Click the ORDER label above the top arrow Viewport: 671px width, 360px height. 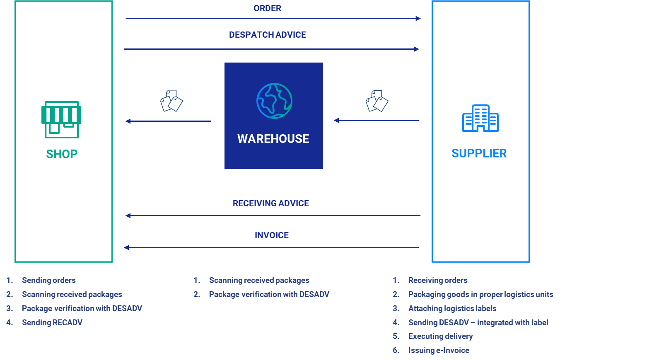click(x=267, y=8)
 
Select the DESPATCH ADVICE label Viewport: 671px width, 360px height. click(x=268, y=35)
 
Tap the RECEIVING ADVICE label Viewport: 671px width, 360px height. click(x=270, y=203)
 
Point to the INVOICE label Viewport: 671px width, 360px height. click(x=272, y=235)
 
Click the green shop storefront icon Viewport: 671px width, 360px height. click(x=61, y=119)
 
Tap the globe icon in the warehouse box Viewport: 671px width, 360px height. click(x=274, y=101)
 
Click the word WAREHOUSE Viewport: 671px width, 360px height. click(x=273, y=139)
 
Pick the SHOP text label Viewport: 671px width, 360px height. click(x=62, y=154)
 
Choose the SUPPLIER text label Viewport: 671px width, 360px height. click(x=479, y=153)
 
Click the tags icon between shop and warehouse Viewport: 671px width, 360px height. click(x=171, y=101)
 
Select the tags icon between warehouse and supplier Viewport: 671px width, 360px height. click(x=377, y=101)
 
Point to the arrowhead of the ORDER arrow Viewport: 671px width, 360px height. click(x=418, y=19)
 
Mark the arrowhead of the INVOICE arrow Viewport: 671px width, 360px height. click(x=126, y=248)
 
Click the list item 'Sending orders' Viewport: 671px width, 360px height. click(x=48, y=280)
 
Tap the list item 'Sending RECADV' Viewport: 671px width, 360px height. click(x=52, y=322)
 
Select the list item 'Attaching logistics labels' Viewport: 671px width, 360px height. click(x=452, y=309)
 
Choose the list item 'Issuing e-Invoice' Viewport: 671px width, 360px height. click(x=439, y=350)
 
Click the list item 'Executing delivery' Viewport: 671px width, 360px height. click(x=440, y=336)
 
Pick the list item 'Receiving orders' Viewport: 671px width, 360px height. click(x=437, y=280)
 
